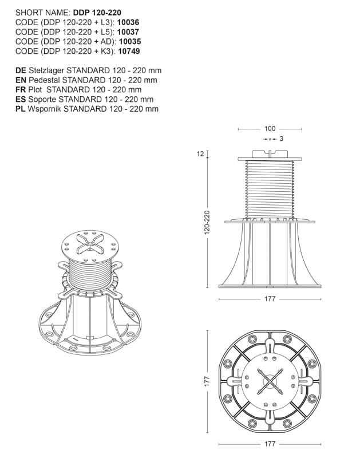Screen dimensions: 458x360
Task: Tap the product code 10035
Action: (130, 41)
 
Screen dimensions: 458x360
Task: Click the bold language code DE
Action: (21, 70)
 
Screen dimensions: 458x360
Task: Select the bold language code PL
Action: (20, 109)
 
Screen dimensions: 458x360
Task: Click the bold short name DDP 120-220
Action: (97, 12)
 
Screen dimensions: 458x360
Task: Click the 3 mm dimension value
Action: (282, 139)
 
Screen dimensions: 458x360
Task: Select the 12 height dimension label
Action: (201, 153)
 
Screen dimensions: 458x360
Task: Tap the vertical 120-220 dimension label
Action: (207, 222)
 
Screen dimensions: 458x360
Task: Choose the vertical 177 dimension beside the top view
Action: (207, 380)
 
